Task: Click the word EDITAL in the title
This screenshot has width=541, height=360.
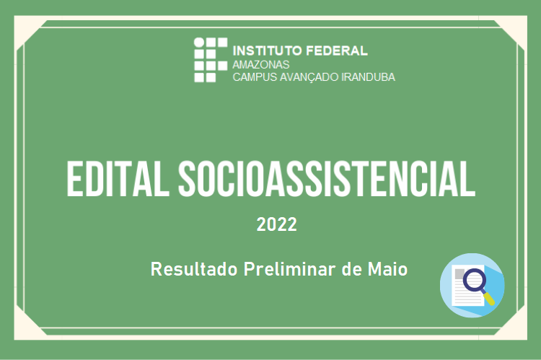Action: (118, 179)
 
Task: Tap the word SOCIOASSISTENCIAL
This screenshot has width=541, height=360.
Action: (327, 179)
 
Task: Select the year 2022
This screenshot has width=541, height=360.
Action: (277, 224)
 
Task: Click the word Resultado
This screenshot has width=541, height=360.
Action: (194, 269)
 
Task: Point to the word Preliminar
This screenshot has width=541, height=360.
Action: (290, 269)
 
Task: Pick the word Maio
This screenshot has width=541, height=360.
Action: (388, 269)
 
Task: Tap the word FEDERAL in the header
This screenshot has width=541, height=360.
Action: (337, 51)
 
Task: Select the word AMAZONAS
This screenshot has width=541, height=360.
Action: (261, 64)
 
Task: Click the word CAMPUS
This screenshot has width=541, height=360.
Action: (255, 76)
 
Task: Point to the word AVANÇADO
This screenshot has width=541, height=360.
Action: (309, 76)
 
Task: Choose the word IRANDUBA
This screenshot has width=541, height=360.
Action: (368, 76)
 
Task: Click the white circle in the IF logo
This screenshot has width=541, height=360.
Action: (199, 43)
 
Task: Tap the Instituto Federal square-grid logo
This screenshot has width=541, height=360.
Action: (211, 60)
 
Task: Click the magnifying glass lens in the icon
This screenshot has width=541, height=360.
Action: (475, 281)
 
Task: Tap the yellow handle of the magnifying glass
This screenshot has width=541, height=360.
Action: (489, 299)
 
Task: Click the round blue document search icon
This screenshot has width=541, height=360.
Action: (472, 286)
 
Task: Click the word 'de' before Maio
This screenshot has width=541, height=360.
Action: (351, 269)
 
